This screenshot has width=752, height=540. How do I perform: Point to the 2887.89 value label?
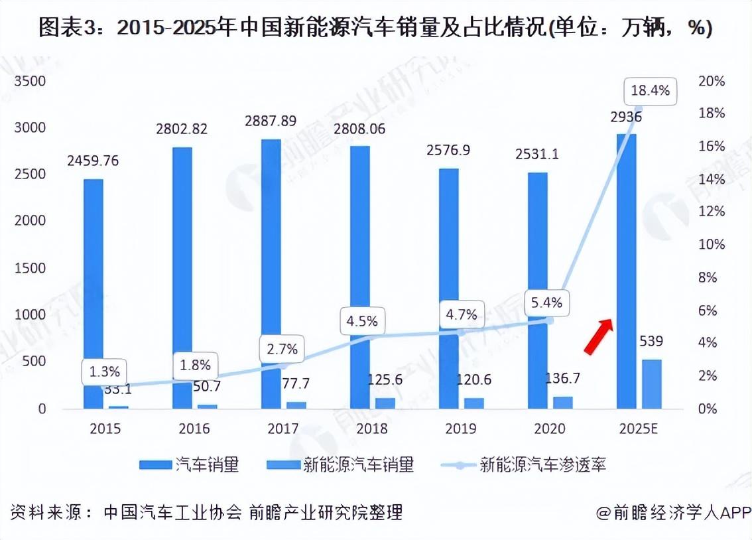click(270, 121)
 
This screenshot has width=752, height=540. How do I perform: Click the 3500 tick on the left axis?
click(32, 81)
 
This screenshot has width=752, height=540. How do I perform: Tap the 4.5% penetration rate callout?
click(362, 321)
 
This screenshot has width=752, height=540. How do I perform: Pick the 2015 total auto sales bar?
click(94, 293)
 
